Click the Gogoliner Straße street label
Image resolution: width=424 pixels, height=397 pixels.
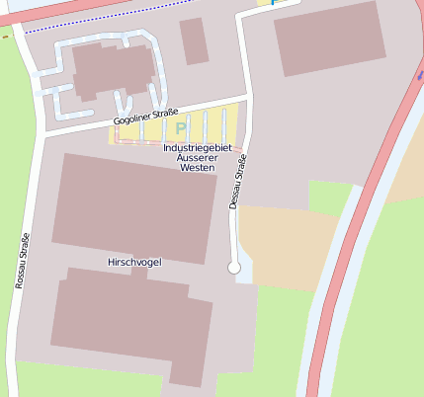pyautogui.click(x=146, y=118)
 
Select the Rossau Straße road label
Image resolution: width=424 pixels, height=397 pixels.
pyautogui.click(x=21, y=261)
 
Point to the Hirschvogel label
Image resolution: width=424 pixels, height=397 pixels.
pyautogui.click(x=133, y=262)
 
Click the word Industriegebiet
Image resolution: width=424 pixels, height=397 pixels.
pyautogui.click(x=196, y=147)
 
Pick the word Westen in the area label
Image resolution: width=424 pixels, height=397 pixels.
pyautogui.click(x=197, y=168)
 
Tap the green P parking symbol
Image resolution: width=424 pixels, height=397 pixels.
pyautogui.click(x=180, y=127)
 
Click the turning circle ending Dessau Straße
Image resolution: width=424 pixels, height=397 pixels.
pyautogui.click(x=234, y=268)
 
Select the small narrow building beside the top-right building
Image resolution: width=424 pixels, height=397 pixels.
pyautogui.click(x=194, y=40)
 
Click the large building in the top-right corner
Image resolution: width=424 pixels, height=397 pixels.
pyautogui.click(x=329, y=38)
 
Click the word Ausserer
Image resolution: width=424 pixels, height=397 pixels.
pyautogui.click(x=196, y=158)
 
